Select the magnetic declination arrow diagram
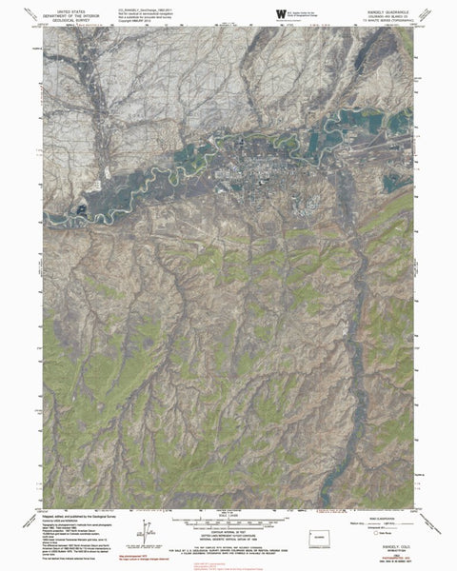click(146, 529)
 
